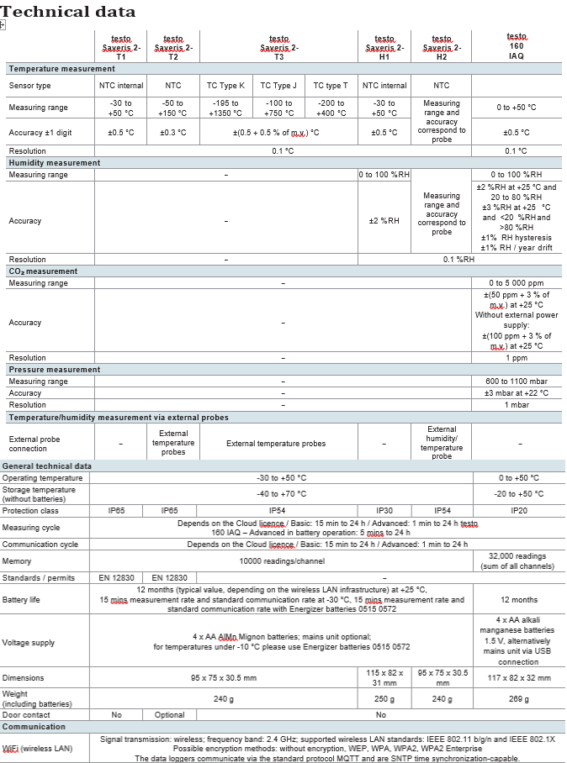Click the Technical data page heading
68,12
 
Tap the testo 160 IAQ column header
517,46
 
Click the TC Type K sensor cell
226,86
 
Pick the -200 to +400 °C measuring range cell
331,108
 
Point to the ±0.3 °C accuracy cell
172,132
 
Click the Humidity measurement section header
55,163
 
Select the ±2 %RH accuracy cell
384,221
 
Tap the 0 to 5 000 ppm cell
517,283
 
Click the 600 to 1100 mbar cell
517,381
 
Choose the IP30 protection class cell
384,510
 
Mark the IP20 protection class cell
517,510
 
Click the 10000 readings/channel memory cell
281,561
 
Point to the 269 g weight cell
517,698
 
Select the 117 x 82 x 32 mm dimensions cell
517,677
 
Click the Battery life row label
23,601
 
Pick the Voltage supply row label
29,643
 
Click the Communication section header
34,727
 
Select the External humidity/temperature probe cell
442,443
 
